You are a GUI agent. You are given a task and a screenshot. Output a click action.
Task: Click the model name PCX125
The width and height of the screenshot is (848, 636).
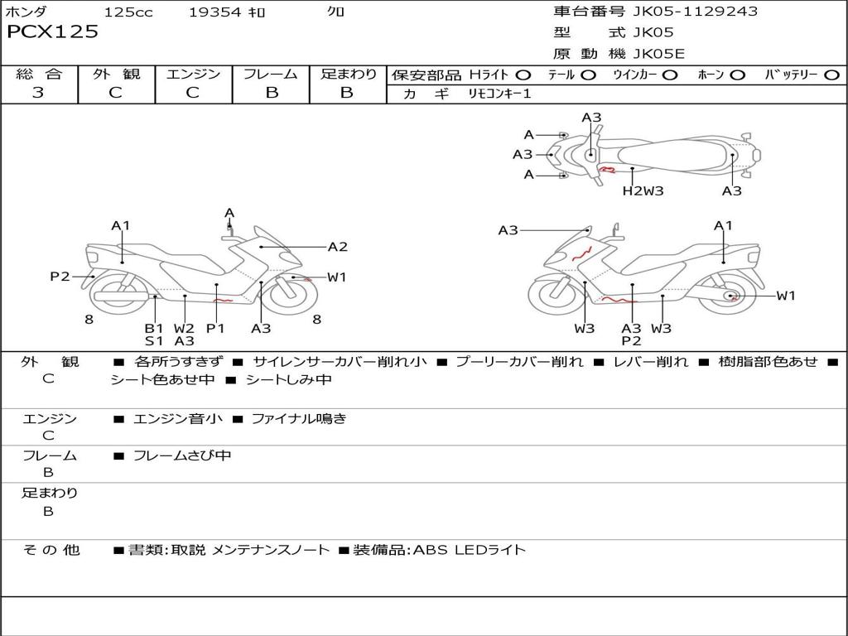[53, 32]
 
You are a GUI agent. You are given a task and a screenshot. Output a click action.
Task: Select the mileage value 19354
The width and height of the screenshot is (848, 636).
[215, 12]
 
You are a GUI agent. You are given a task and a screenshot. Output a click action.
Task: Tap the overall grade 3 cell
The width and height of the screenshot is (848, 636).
[38, 93]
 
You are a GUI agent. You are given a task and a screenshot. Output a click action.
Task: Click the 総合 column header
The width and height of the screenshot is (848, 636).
[39, 75]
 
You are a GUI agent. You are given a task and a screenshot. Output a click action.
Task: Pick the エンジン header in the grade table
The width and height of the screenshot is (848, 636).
[193, 75]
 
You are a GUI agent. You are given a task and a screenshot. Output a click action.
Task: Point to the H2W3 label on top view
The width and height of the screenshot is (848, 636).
[643, 191]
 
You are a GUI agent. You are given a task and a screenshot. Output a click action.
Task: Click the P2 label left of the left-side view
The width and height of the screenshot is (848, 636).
[60, 277]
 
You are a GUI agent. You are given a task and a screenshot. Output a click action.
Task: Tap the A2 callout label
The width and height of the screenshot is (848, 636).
[337, 247]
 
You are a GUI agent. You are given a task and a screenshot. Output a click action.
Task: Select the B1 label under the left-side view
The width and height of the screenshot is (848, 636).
[154, 328]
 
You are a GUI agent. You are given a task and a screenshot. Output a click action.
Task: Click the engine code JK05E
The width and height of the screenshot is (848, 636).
[659, 55]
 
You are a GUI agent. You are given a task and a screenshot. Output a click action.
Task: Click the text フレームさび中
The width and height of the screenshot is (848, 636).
[182, 455]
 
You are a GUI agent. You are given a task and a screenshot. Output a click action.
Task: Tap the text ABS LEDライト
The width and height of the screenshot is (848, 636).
[469, 550]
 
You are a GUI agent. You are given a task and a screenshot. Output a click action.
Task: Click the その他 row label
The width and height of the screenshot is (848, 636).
[51, 550]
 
